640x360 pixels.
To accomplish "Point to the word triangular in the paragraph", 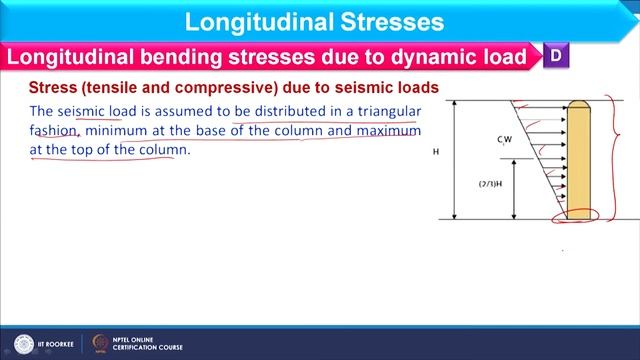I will (x=384, y=111).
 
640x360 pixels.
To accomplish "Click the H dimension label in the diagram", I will (x=435, y=154).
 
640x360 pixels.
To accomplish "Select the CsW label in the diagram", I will (x=504, y=141).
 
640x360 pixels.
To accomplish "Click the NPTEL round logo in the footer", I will (x=100, y=343).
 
